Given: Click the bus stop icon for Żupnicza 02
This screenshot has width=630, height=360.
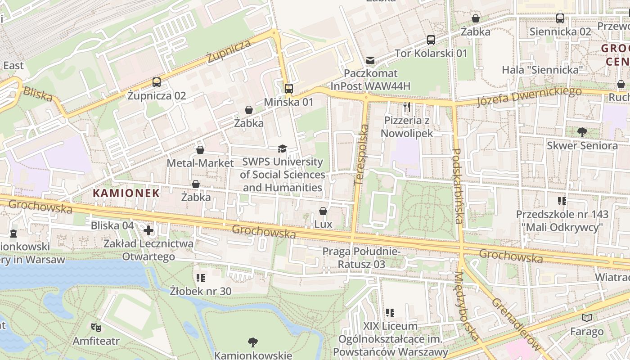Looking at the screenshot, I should (157, 82).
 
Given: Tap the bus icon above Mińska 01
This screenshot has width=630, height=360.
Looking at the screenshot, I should (289, 88).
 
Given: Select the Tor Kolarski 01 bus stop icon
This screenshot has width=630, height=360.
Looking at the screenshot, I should (431, 40).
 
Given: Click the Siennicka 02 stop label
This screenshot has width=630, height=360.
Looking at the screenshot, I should (560, 31).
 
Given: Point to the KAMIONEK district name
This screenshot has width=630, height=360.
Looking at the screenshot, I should (126, 193).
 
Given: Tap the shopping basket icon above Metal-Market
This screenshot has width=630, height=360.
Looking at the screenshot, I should (200, 149).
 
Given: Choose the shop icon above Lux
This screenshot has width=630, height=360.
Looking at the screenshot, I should (323, 211).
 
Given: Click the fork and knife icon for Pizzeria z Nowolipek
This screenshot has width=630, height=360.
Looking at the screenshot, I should (407, 107).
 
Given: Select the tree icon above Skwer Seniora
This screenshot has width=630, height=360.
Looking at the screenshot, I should (582, 132).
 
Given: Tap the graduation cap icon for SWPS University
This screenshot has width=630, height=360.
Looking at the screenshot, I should (282, 148).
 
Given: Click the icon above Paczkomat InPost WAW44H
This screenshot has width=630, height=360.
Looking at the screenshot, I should (370, 60).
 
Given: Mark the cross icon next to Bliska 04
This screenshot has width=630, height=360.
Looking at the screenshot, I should (148, 230).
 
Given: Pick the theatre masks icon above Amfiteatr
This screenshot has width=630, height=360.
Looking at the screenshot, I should (96, 327).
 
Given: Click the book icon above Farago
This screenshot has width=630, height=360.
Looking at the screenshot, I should (587, 318).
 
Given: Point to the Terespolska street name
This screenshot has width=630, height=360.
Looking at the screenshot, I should (361, 155).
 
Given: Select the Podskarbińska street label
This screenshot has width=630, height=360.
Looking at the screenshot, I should (457, 186).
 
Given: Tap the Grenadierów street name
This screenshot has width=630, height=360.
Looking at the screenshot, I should (516, 324).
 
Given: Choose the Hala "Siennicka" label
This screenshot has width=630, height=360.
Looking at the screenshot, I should (542, 70).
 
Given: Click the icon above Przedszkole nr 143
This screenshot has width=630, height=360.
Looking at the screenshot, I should (562, 201).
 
